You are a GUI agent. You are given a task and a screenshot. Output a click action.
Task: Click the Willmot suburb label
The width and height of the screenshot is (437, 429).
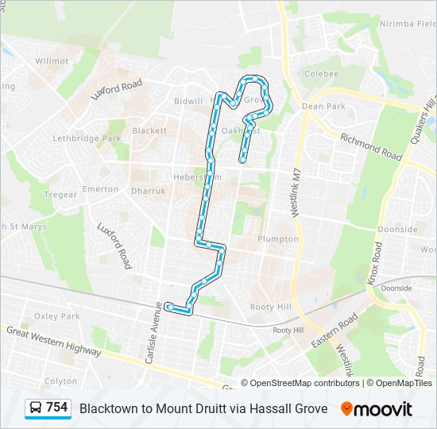coord(52,60)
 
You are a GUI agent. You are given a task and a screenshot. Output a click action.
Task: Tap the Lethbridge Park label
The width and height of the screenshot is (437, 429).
coord(87,138)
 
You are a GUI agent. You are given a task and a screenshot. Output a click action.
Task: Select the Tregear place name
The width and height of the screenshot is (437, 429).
coord(60,195)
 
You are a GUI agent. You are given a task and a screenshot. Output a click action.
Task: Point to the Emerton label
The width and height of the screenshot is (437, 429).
coord(100,189)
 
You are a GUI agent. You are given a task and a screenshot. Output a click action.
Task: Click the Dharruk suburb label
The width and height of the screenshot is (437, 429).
coord(147,191)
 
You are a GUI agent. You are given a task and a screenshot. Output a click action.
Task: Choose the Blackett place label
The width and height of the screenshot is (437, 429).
coord(149,130)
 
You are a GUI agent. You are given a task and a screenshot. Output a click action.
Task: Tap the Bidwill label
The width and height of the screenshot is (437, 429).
coord(188,102)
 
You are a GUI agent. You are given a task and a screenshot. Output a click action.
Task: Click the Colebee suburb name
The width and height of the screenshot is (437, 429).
coord(321,73)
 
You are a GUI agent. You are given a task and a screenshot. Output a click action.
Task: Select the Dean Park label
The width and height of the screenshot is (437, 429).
coord(323,106)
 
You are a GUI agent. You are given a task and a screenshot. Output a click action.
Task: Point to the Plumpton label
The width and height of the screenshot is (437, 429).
coord(278,239)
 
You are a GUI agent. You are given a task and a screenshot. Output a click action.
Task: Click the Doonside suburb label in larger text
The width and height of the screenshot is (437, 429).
coord(397,229)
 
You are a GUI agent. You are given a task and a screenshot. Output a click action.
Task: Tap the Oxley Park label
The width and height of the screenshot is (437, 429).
coord(57,316)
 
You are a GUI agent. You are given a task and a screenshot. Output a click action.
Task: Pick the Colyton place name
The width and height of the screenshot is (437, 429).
coord(61,381)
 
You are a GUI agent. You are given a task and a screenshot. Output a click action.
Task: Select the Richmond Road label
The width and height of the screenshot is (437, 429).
coord(371,147)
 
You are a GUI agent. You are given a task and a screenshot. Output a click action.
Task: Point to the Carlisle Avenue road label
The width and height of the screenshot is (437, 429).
coord(153,338)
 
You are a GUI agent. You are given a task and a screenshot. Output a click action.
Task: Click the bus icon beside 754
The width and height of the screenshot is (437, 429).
coord(36,408)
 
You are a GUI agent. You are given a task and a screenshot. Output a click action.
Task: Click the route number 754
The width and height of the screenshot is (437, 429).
coord(57,408)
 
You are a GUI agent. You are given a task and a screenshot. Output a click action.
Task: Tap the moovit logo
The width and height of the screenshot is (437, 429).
coord(377,409)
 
